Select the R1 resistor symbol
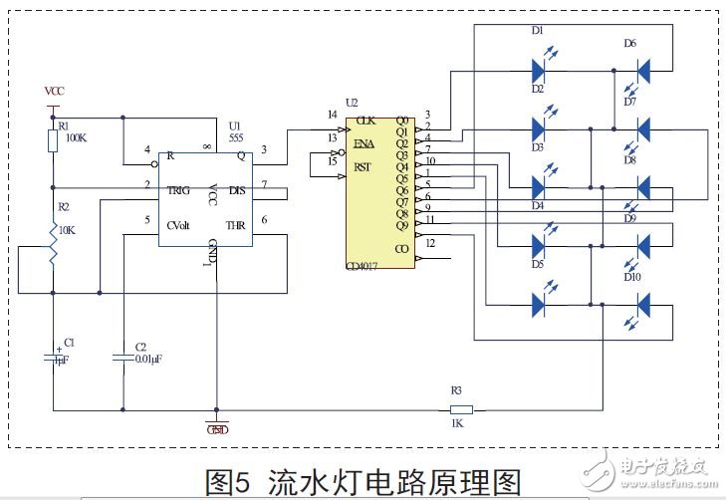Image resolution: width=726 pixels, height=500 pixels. point(54,140)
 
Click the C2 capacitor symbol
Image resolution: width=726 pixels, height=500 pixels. point(122,356)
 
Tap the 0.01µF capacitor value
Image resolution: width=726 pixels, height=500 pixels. point(149,362)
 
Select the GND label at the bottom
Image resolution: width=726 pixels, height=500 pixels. point(216,429)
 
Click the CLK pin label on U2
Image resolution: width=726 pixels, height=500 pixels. point(365,120)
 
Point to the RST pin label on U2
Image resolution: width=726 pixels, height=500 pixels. point(363,167)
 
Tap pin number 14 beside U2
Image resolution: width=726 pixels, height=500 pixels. point(332,115)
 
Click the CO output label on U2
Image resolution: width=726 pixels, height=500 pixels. point(401,249)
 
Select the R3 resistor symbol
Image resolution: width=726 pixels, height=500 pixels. point(461,408)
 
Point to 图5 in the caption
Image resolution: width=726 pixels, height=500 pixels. point(231,482)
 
